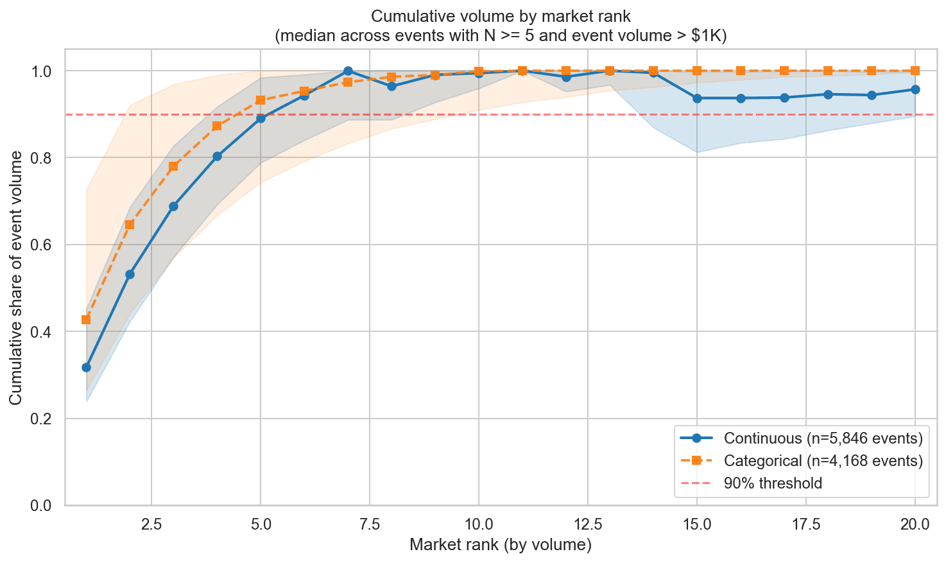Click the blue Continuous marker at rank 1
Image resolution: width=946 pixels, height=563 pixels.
coord(86,367)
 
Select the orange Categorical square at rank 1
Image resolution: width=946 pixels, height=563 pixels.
coord(86,320)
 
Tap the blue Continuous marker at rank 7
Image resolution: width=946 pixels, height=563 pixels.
coord(348,71)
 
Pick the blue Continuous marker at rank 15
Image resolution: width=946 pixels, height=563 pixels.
coord(697,98)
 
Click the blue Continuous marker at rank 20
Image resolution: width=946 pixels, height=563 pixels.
coord(915,89)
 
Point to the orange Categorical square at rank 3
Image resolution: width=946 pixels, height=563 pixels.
coord(173,166)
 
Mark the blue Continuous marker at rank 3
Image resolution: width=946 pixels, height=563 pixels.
coord(173,206)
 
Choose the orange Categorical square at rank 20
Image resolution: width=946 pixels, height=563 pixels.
coord(915,71)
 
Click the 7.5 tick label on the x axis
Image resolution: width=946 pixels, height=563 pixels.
coord(370,524)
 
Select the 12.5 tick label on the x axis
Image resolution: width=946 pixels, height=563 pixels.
coord(588,524)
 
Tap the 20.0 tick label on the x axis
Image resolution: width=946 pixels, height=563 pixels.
coord(915,524)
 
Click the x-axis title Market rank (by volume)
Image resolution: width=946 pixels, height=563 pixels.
coord(500,546)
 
